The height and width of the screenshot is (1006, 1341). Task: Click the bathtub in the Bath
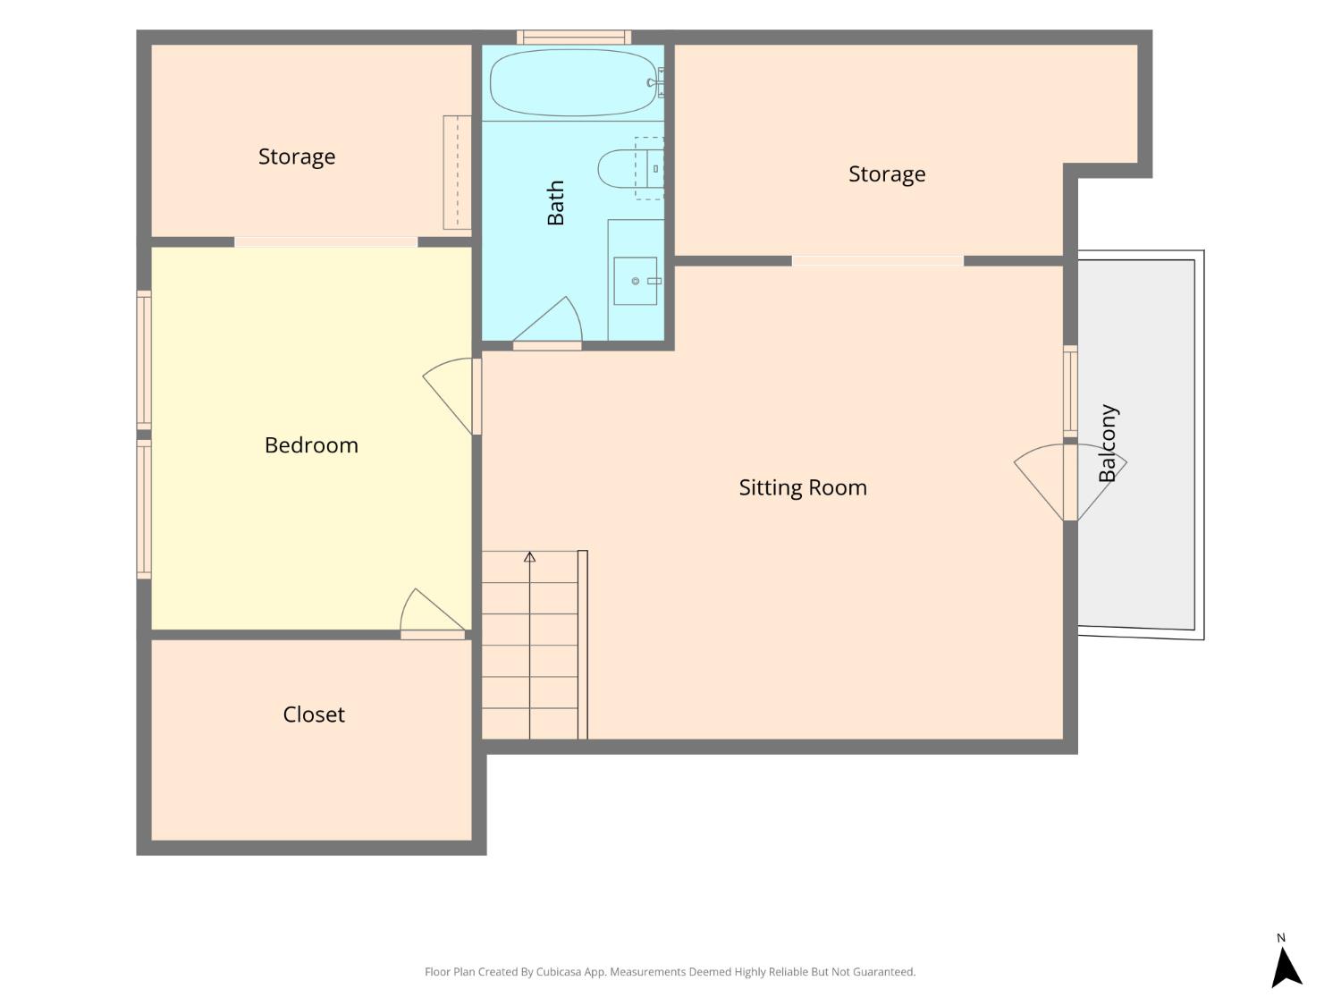coord(572,82)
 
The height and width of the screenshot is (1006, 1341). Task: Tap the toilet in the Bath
coord(630,169)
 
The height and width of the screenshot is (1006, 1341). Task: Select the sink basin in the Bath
coord(636,281)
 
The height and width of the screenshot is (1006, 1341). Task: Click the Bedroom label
coord(311,445)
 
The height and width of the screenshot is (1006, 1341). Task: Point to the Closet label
coord(314,714)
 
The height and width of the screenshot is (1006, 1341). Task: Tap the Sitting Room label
coord(803,487)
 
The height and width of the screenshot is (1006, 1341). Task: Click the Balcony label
coord(1107,443)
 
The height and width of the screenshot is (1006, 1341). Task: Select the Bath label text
coord(555,203)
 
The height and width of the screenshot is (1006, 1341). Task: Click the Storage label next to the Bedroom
coord(296,157)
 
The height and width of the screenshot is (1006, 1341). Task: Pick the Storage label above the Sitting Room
coord(887,174)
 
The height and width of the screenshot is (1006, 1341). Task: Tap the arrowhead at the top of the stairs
coord(529,556)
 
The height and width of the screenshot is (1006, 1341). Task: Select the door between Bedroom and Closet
coord(432,613)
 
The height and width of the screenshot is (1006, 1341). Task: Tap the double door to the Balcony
coord(1070,482)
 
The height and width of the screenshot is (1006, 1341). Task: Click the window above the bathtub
coord(574,38)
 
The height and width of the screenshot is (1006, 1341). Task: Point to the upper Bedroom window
coord(144,360)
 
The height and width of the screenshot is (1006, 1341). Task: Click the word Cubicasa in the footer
coord(558,972)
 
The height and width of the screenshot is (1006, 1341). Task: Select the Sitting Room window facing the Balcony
coord(1070,392)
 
